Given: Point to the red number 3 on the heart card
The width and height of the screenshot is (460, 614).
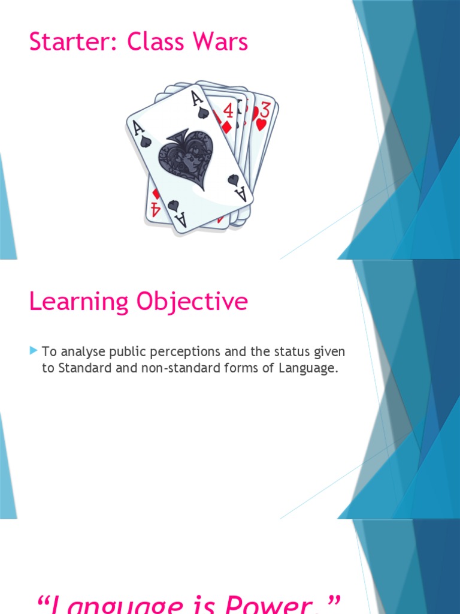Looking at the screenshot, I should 264,110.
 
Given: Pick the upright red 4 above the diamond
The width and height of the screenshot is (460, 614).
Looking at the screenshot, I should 228,110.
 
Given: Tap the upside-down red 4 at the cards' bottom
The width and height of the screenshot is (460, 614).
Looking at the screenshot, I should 155,209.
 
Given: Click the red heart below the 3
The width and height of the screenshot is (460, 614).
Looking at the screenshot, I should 261,125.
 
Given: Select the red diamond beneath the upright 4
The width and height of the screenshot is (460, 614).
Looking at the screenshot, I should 226,127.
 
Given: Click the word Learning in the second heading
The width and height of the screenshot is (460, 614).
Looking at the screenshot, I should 79,302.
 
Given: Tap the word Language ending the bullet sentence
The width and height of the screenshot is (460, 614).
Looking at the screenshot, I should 308,368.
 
